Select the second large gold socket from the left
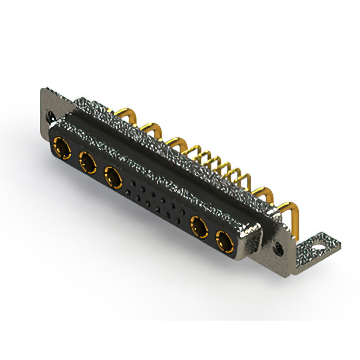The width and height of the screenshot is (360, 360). click(x=87, y=164)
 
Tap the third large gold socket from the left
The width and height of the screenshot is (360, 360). click(x=114, y=178)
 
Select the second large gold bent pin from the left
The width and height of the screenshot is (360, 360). click(x=149, y=129)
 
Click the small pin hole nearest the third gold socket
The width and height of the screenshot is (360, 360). click(x=131, y=183)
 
